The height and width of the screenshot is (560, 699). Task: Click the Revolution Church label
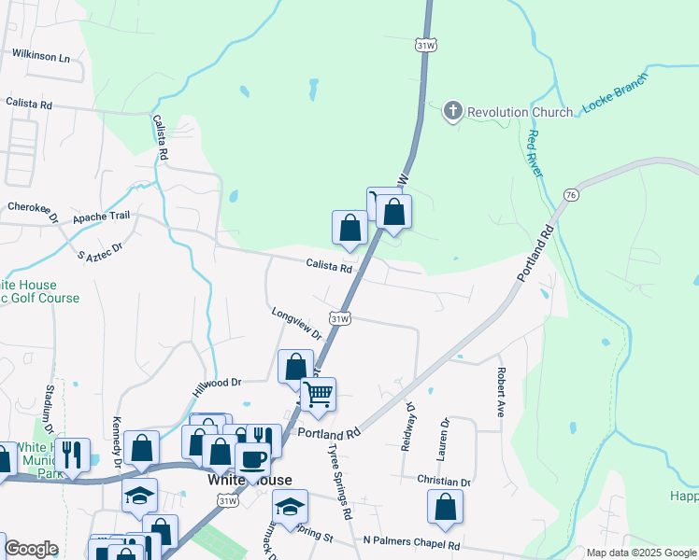pyautogui.click(x=520, y=112)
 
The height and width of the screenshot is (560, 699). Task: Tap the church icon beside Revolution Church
pyautogui.click(x=453, y=112)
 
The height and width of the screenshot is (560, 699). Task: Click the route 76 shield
pyautogui.click(x=570, y=194)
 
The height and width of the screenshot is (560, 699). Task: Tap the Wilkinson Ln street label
pyautogui.click(x=41, y=57)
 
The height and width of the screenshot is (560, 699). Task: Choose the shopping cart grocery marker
pyautogui.click(x=319, y=394)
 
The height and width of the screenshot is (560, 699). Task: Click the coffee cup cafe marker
pyautogui.click(x=252, y=457)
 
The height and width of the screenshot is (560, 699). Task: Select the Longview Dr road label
pyautogui.click(x=297, y=324)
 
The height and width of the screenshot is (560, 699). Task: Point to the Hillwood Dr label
pyautogui.click(x=217, y=382)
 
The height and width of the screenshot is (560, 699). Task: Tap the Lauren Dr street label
pyautogui.click(x=444, y=439)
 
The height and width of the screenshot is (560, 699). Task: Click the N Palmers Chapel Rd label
pyautogui.click(x=412, y=542)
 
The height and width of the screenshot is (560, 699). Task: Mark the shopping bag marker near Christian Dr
pyautogui.click(x=446, y=506)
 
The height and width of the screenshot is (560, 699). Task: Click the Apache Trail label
pyautogui.click(x=107, y=215)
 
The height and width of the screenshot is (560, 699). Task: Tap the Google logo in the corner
pyautogui.click(x=31, y=549)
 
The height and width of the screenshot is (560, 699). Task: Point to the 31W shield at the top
pyautogui.click(x=424, y=44)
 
